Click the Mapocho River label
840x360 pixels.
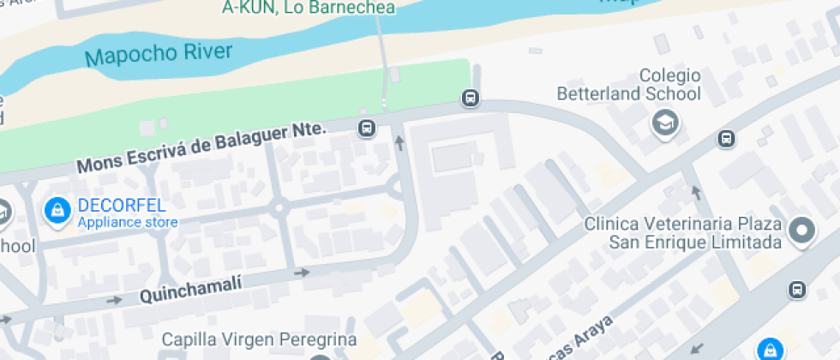[159, 56]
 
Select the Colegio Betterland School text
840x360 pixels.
[628, 85]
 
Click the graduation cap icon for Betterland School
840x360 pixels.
[665, 123]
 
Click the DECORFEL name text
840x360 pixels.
[121, 207]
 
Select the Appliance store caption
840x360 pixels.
[128, 224]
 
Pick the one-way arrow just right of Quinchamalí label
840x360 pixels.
[302, 273]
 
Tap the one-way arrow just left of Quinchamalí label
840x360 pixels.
[114, 300]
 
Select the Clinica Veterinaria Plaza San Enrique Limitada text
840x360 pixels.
[682, 233]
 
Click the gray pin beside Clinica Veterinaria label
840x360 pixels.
[802, 230]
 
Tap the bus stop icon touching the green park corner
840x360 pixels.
[471, 98]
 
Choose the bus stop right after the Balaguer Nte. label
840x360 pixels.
[367, 129]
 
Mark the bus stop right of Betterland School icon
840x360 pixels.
[727, 138]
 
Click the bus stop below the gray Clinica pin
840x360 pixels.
[798, 290]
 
